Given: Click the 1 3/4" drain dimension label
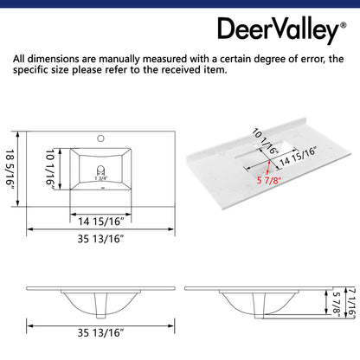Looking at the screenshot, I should point(101,179).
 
